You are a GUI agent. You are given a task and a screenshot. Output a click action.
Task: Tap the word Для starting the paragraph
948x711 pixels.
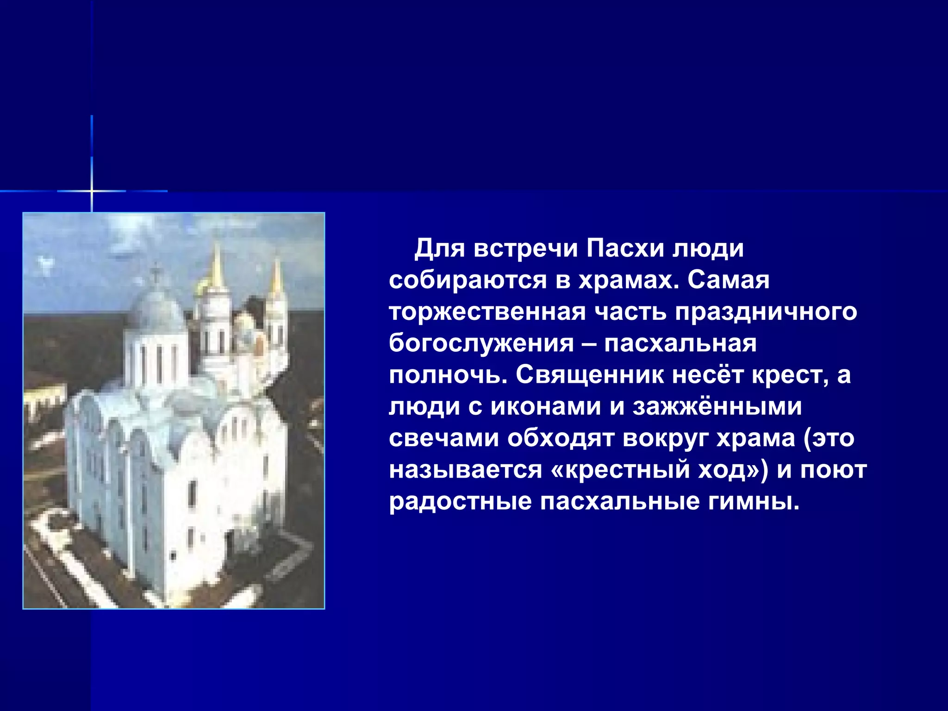(439, 249)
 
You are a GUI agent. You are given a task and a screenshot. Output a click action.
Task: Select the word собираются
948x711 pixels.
(468, 281)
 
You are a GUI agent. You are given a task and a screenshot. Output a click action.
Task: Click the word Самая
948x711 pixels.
(728, 281)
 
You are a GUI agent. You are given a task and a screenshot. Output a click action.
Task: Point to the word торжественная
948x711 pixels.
(487, 312)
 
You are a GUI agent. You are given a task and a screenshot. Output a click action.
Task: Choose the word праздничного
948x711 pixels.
(766, 312)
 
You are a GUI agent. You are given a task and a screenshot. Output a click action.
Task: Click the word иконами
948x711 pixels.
(546, 407)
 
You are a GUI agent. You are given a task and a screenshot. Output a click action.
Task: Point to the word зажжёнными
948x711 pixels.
(717, 407)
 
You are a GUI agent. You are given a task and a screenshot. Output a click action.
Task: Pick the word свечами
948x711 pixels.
(444, 438)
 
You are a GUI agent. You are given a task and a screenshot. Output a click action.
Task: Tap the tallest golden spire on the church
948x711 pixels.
(216, 266)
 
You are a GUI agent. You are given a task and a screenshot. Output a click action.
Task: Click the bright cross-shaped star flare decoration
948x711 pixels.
(92, 190)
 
